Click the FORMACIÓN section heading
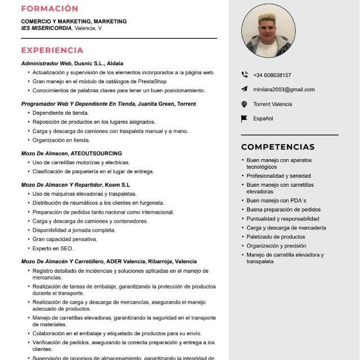click(x=49, y=8)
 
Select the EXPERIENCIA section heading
click(x=52, y=50)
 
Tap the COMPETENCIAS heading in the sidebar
click(x=278, y=147)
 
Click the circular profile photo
click(x=268, y=31)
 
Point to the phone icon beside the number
click(x=244, y=75)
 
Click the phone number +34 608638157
click(x=272, y=75)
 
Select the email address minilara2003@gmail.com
click(x=284, y=89)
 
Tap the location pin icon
click(x=244, y=104)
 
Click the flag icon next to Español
click(x=244, y=119)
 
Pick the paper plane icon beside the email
click(x=244, y=89)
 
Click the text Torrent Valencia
click(x=273, y=104)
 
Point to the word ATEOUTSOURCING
click(x=96, y=154)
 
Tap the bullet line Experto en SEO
click(x=53, y=248)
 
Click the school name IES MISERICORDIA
click(x=46, y=28)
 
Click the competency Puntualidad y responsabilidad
click(x=282, y=219)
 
